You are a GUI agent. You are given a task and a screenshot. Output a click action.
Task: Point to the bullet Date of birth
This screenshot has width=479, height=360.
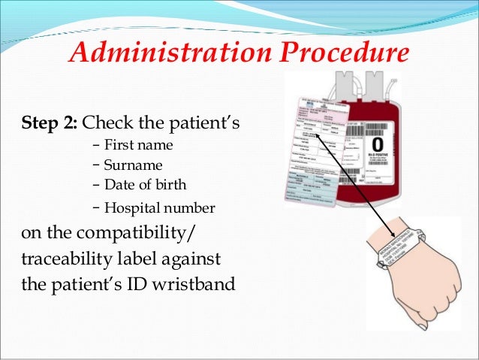point(146,185)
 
